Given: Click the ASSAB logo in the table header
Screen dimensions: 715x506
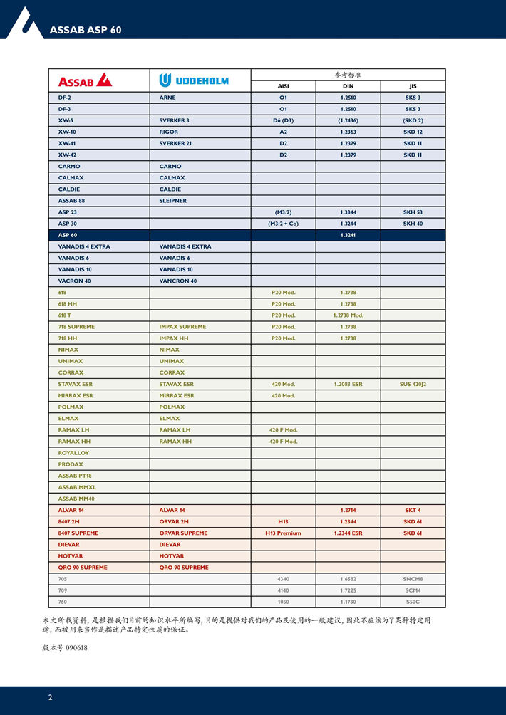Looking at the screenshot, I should pyautogui.click(x=85, y=80).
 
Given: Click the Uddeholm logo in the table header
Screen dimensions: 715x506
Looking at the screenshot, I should pyautogui.click(x=194, y=80).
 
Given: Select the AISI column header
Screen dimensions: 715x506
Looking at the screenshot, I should pyautogui.click(x=283, y=86).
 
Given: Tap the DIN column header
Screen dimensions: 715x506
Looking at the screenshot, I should pyautogui.click(x=348, y=86).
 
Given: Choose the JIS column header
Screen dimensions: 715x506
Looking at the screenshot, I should pyautogui.click(x=413, y=86).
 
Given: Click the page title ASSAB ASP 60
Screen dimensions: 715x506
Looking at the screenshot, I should pyautogui.click(x=86, y=30).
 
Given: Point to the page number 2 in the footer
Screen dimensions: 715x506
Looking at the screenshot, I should pyautogui.click(x=50, y=697).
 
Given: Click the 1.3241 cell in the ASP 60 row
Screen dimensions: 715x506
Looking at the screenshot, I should pyautogui.click(x=348, y=235).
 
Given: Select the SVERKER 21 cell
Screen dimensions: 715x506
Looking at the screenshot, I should pyautogui.click(x=175, y=143).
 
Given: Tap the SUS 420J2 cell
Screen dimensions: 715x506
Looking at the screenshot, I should pyautogui.click(x=413, y=384).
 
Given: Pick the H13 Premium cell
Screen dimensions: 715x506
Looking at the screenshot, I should pyautogui.click(x=283, y=533).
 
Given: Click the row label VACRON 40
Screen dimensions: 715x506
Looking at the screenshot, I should pyautogui.click(x=74, y=281).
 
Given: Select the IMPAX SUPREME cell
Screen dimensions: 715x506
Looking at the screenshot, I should pyautogui.click(x=182, y=327).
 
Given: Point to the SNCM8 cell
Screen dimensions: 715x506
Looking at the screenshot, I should pyautogui.click(x=413, y=579).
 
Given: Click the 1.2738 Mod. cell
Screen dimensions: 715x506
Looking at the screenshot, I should pyautogui.click(x=348, y=315).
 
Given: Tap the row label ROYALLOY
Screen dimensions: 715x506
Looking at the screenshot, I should pyautogui.click(x=73, y=453).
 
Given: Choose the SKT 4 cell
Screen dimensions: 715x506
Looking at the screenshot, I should pyautogui.click(x=413, y=510).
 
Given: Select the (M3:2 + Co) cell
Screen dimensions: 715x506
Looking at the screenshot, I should pyautogui.click(x=283, y=224).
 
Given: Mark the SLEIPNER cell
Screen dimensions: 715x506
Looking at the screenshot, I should pyautogui.click(x=173, y=201).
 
